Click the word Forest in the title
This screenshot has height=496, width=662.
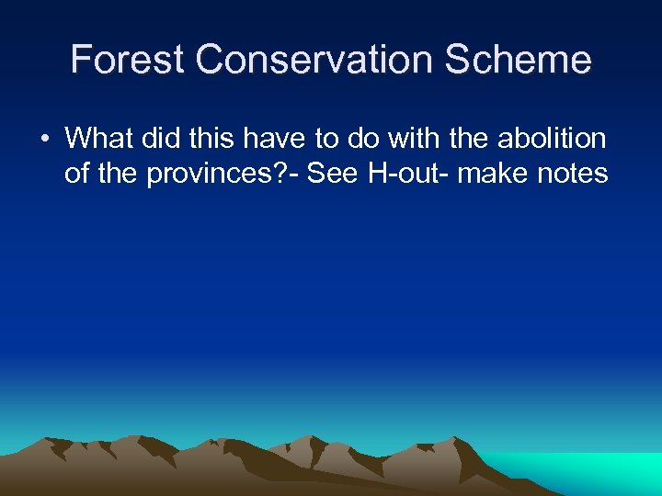click(x=129, y=60)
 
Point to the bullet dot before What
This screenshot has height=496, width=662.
click(x=43, y=140)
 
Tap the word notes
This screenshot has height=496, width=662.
click(x=575, y=173)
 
